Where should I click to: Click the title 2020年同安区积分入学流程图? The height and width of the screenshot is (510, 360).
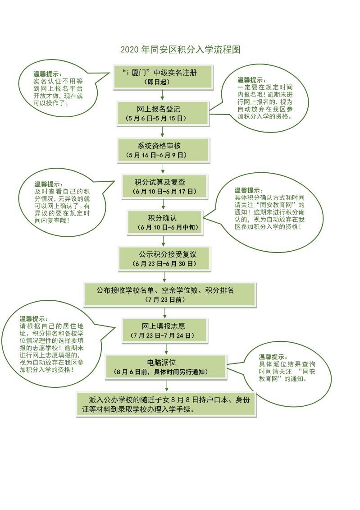(x=180, y=50)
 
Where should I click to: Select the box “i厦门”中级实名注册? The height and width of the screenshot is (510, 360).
(x=163, y=77)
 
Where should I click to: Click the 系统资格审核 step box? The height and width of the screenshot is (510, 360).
(x=163, y=150)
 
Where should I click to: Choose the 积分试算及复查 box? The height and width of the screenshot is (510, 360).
(x=164, y=186)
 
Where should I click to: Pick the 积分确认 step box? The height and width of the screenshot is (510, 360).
(x=165, y=222)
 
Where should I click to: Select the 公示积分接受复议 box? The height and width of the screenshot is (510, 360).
(x=164, y=259)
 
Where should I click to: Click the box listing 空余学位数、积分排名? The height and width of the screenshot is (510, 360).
(x=169, y=295)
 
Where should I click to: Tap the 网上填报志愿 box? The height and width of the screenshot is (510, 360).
(x=165, y=331)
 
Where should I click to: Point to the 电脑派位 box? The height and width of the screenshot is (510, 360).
(x=166, y=367)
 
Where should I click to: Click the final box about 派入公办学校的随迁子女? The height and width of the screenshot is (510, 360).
(x=166, y=404)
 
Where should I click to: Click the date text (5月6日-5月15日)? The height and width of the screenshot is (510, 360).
(x=156, y=119)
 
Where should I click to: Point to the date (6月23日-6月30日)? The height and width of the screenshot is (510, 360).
(x=164, y=264)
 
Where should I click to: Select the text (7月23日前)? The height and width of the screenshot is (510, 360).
(x=165, y=299)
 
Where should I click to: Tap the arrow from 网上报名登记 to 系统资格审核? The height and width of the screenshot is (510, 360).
(x=163, y=132)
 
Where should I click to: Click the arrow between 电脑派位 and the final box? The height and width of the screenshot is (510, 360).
(x=167, y=386)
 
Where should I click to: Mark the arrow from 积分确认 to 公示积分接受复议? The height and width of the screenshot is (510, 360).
(x=163, y=241)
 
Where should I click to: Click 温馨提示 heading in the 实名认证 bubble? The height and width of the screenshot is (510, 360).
(x=47, y=74)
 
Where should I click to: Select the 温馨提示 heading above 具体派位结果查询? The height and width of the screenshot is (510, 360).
(x=273, y=357)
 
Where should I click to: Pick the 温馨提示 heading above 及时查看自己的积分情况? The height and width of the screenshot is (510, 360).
(x=49, y=184)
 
